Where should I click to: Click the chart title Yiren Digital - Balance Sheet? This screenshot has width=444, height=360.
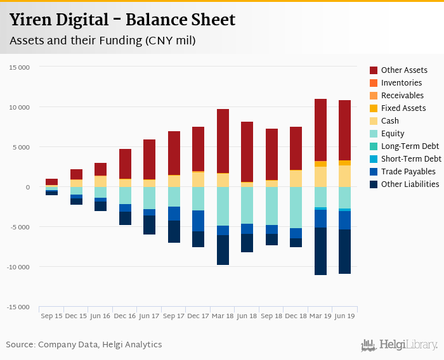[122, 20]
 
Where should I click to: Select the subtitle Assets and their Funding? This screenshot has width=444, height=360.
[102, 41]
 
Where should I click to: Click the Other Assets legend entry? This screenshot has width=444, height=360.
[404, 70]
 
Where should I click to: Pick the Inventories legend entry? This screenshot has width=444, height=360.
[402, 83]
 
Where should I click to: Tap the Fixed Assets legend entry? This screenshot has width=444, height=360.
[403, 108]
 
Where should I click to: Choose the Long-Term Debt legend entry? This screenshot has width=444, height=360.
[410, 146]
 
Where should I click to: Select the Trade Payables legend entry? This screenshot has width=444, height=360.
[408, 172]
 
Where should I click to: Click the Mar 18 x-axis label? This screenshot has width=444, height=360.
[223, 315]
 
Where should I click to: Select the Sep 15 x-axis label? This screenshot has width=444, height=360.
[51, 315]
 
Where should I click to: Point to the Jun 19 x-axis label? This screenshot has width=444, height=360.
[344, 315]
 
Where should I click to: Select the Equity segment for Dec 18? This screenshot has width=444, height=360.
[296, 207]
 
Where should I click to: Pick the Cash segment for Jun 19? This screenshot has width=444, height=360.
[344, 176]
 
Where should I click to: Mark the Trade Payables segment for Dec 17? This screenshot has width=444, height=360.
[198, 221]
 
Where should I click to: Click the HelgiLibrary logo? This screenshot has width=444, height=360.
[400, 345]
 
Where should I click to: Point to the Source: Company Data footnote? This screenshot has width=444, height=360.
[84, 345]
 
